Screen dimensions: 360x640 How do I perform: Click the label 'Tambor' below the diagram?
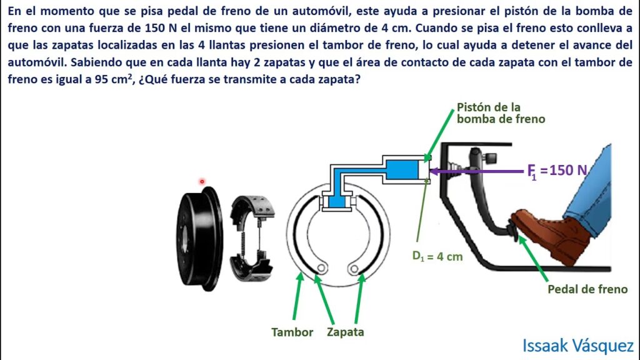click(x=292, y=332)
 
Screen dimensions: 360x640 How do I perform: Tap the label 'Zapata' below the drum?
click(x=345, y=332)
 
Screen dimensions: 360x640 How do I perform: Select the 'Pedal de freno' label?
click(x=587, y=289)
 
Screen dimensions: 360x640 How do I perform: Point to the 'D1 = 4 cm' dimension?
click(x=437, y=256)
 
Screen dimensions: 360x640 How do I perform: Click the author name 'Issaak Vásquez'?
click(x=578, y=345)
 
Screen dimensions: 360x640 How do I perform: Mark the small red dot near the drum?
click(x=202, y=181)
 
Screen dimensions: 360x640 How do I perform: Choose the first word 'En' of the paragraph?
click(x=15, y=11)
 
